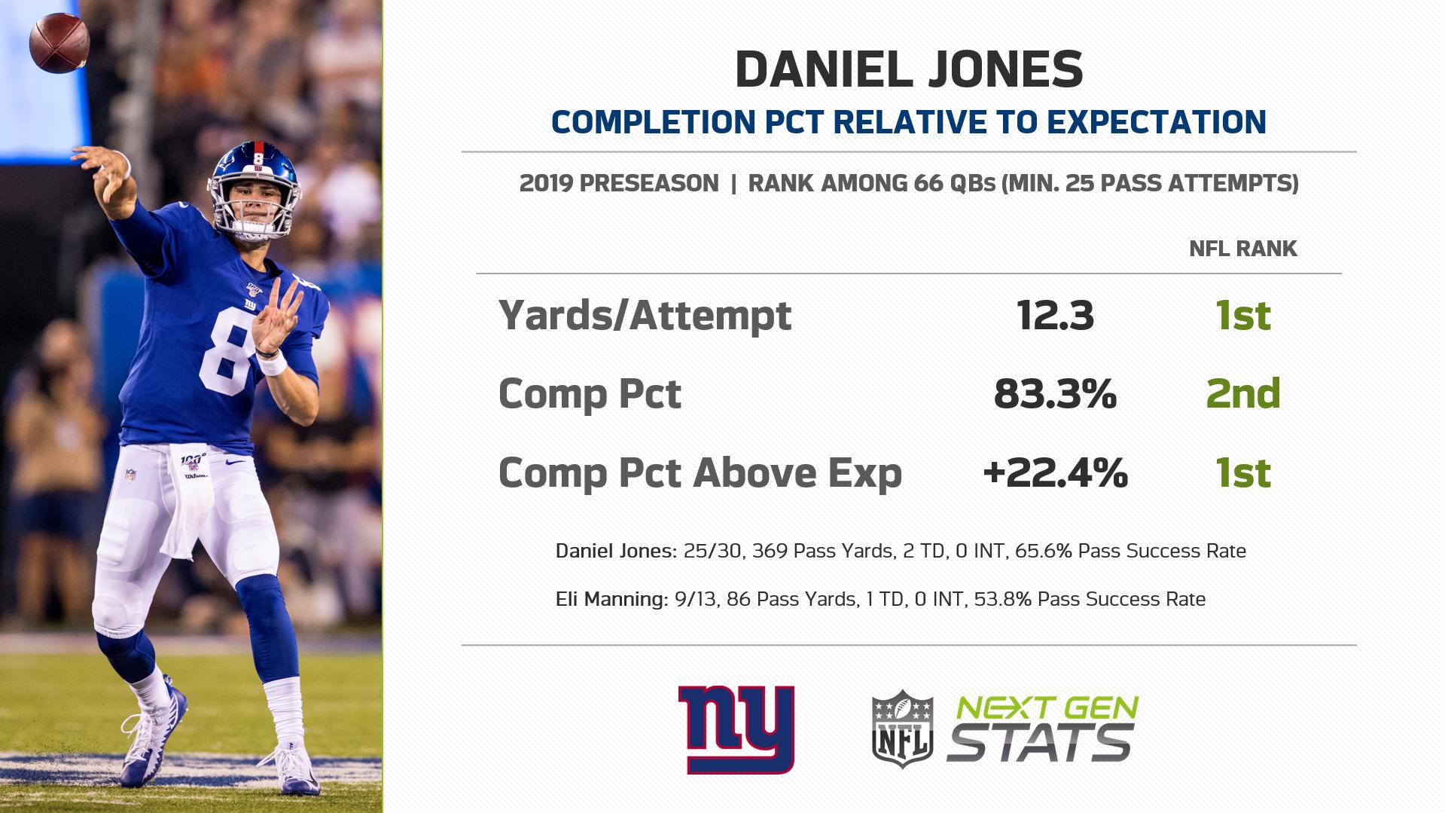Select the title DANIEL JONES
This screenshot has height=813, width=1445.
909,69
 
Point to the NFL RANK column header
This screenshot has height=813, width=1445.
1243,249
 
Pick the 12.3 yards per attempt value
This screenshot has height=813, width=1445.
1055,315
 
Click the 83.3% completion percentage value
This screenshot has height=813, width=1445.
1055,393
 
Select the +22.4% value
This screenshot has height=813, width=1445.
1055,473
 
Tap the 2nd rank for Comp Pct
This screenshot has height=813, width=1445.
1243,393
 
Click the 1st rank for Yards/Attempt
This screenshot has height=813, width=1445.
1243,315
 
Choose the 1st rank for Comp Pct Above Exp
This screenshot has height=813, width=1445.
1243,473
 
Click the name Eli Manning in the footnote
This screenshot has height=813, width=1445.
610,599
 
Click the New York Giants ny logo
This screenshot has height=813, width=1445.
736,729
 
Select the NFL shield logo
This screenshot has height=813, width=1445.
902,729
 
